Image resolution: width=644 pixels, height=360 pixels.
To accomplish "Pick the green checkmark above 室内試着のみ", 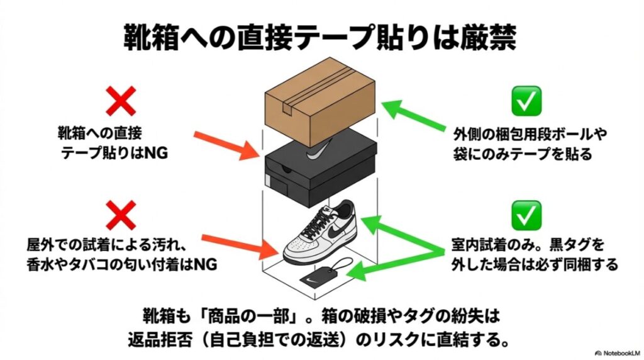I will click(x=526, y=216).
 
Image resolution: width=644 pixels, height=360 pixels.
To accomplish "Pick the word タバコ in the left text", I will click(x=108, y=265).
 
